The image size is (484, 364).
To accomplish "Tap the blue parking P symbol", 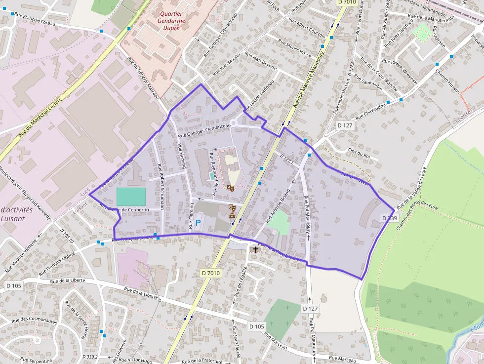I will pos(198,223).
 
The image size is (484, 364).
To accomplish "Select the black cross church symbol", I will pos(256,249).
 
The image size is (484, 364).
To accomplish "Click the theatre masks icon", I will pos(230,187).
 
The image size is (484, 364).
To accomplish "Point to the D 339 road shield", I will pos(390,218).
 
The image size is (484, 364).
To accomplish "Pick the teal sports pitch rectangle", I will pos(131,197).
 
